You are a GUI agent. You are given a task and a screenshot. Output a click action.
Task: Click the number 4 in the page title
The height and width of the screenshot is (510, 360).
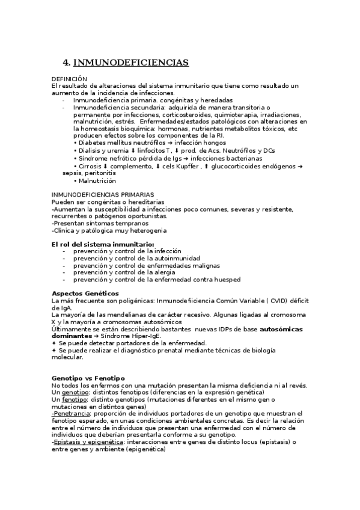tap(66, 63)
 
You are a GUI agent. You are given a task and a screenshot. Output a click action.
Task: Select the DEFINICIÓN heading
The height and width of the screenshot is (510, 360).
tap(70, 79)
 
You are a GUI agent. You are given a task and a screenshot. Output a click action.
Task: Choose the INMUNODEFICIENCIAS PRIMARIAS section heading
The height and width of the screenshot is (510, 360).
tap(102, 195)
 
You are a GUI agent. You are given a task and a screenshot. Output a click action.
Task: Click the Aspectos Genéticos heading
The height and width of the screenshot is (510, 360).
tap(82, 293)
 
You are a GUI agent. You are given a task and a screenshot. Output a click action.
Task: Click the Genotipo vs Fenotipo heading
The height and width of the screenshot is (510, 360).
tap(88, 378)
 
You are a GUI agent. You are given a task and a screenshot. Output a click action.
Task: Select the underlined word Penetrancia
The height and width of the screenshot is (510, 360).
tap(70, 414)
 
